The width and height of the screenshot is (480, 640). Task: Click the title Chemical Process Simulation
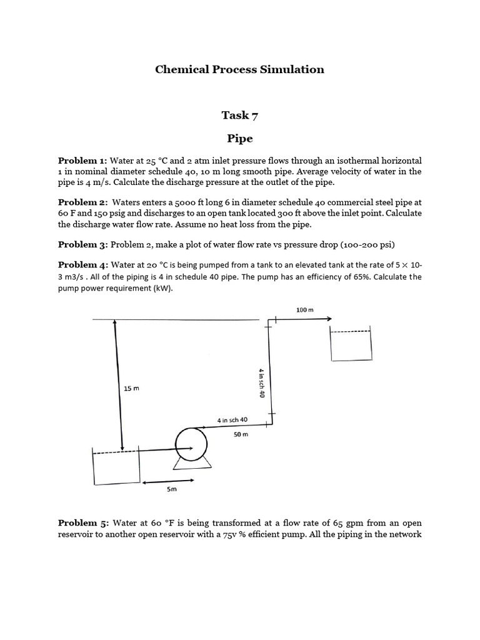tap(239, 69)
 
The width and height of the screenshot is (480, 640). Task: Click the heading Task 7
tap(239, 115)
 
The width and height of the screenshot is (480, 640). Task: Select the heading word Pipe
tap(239, 137)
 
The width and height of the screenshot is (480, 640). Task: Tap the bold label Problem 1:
tap(83, 161)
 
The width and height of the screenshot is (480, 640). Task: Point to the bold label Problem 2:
tap(83, 202)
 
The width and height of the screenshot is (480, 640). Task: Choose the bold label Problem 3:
tap(83, 244)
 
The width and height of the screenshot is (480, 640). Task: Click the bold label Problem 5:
tap(83, 523)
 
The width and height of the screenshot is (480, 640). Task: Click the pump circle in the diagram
tap(191, 442)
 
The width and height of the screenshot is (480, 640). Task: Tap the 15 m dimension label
tap(131, 389)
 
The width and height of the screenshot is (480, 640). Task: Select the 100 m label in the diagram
tap(304, 309)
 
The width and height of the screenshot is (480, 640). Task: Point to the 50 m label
tap(241, 434)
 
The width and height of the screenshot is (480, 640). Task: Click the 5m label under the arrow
tap(172, 491)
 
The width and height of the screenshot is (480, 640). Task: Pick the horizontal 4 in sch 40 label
tap(232, 420)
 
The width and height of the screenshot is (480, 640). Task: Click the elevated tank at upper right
tap(351, 345)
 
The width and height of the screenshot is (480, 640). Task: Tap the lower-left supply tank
tap(116, 467)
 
